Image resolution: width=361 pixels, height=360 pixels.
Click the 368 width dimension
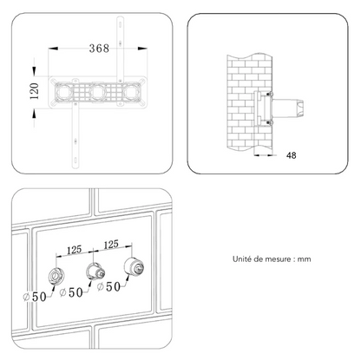click(99, 48)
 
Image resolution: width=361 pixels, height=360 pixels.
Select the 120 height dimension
click(35, 91)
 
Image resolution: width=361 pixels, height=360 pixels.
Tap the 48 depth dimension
click(292, 155)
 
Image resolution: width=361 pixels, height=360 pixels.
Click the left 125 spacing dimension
click(75, 250)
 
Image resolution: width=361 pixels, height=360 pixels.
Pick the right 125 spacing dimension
click(111, 245)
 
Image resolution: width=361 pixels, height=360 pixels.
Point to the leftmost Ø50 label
click(35, 297)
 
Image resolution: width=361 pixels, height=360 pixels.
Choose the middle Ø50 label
click(71, 292)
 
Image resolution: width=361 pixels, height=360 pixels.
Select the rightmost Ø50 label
click(108, 286)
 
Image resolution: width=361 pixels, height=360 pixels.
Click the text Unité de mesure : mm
click(272, 259)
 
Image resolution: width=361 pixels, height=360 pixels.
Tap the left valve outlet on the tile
click(56, 276)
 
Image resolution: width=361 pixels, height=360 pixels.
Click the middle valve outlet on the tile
click(95, 272)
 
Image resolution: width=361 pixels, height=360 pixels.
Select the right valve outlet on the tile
click(134, 266)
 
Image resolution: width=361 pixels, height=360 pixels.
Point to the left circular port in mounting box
click(63, 92)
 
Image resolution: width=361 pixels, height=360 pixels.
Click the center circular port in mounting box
click(98, 92)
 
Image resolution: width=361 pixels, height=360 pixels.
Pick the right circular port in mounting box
click(131, 92)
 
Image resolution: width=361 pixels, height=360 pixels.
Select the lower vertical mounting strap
click(75, 135)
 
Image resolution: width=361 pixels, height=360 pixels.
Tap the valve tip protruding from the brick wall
click(300, 108)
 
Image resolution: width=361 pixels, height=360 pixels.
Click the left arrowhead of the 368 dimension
click(53, 49)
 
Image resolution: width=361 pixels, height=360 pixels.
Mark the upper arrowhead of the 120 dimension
click(34, 71)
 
